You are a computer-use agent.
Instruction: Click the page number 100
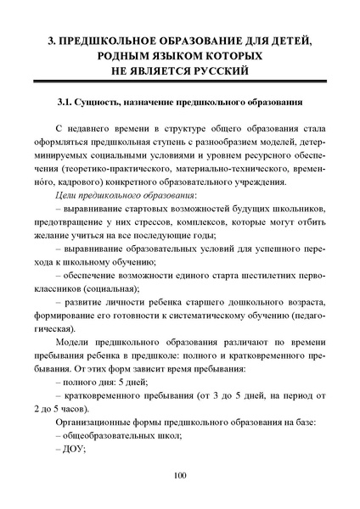point(179,474)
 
